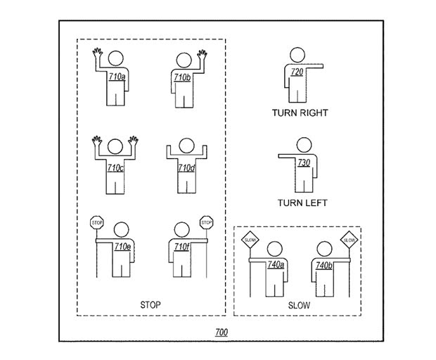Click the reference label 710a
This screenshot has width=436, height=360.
pyautogui.click(x=117, y=77)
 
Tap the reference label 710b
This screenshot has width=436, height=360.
pyautogui.click(x=182, y=77)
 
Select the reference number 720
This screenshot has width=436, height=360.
pyautogui.click(x=297, y=72)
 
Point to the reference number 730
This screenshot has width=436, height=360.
pyautogui.click(x=304, y=162)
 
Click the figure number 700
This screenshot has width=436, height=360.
pyautogui.click(x=222, y=332)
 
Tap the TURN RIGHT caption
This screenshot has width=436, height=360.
pyautogui.click(x=300, y=113)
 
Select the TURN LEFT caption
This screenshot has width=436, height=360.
pyautogui.click(x=302, y=203)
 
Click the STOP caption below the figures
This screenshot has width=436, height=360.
pyautogui.click(x=150, y=305)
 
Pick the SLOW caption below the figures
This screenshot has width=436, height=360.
pyautogui.click(x=299, y=306)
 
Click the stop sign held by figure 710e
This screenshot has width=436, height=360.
pyautogui.click(x=97, y=223)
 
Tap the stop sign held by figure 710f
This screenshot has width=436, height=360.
pyautogui.click(x=206, y=222)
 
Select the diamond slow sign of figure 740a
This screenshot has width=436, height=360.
pyautogui.click(x=250, y=240)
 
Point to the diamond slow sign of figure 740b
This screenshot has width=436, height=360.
pyautogui.click(x=350, y=240)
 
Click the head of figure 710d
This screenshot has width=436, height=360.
pyautogui.click(x=186, y=146)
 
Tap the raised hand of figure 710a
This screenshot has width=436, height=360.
pyautogui.click(x=97, y=52)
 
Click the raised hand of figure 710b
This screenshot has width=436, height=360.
pyautogui.click(x=202, y=54)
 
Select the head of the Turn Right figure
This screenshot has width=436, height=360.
pyautogui.click(x=297, y=55)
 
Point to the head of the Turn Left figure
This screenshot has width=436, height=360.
pyautogui.click(x=304, y=145)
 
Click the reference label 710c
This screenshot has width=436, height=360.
pyautogui.click(x=115, y=168)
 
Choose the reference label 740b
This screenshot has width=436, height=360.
pyautogui.click(x=324, y=266)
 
